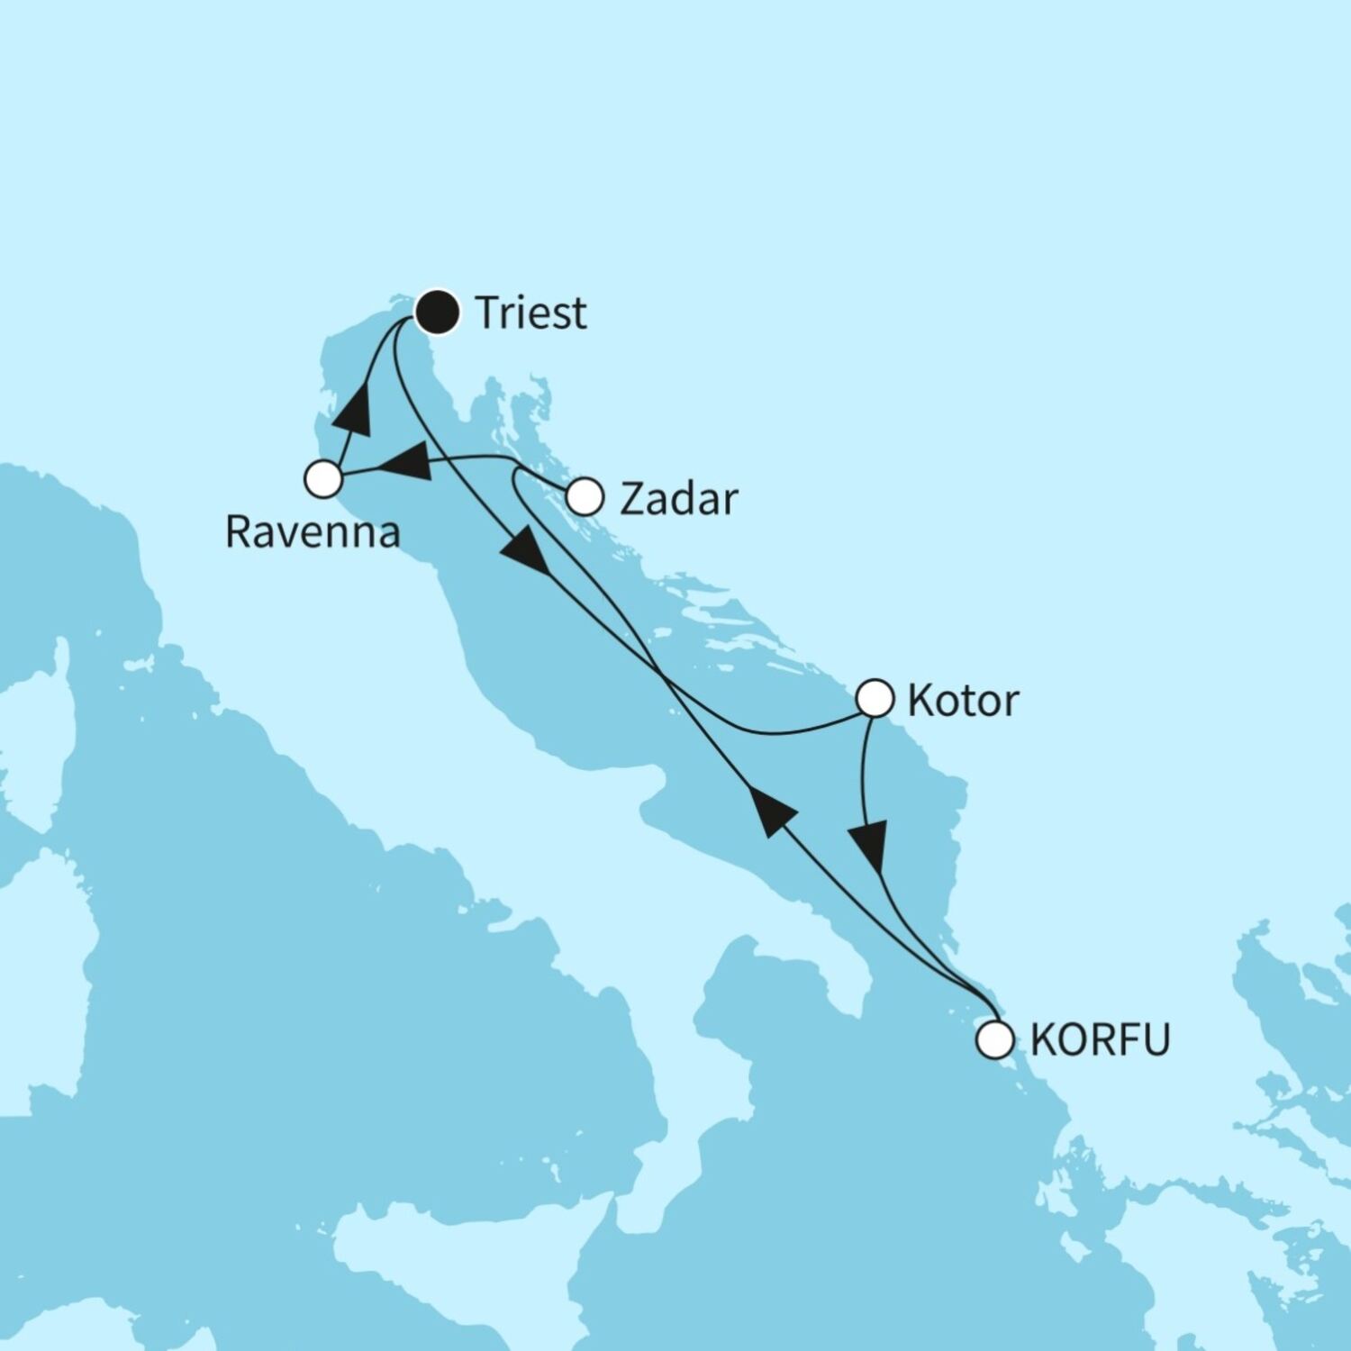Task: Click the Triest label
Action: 530,313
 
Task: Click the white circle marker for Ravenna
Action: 323,479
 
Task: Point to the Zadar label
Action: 678,499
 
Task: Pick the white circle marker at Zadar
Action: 585,496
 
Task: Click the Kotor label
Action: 963,701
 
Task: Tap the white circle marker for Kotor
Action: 875,698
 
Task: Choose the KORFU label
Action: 1100,1039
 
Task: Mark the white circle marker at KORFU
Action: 995,1039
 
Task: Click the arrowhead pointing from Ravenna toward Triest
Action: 354,411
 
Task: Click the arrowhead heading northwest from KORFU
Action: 772,810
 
